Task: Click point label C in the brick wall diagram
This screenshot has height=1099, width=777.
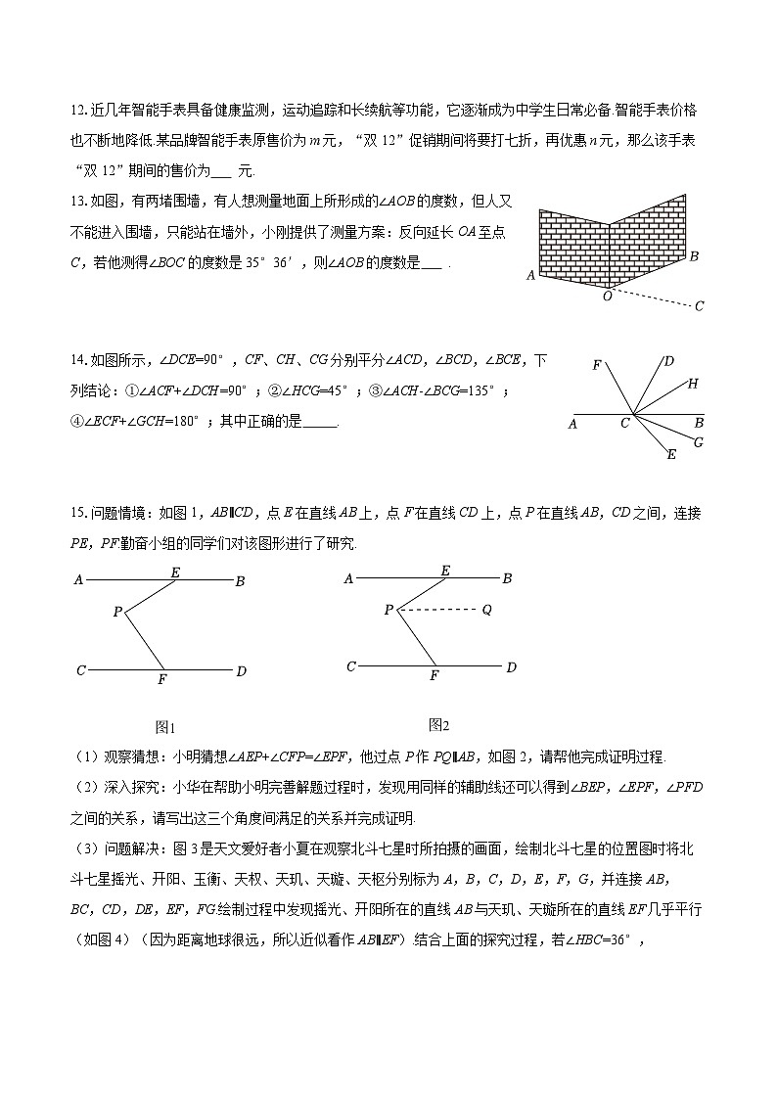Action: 699,306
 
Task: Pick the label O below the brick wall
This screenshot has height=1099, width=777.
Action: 607,296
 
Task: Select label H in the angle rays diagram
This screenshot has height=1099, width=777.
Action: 692,384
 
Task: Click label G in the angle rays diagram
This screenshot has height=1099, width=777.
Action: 698,442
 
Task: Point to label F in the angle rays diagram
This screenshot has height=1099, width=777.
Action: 596,365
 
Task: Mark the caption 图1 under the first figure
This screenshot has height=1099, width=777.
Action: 164,727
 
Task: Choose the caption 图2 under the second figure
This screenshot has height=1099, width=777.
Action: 438,725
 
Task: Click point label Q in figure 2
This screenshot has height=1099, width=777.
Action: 486,610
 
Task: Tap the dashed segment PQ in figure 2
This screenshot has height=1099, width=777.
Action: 437,610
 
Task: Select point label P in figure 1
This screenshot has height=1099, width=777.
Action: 116,612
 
